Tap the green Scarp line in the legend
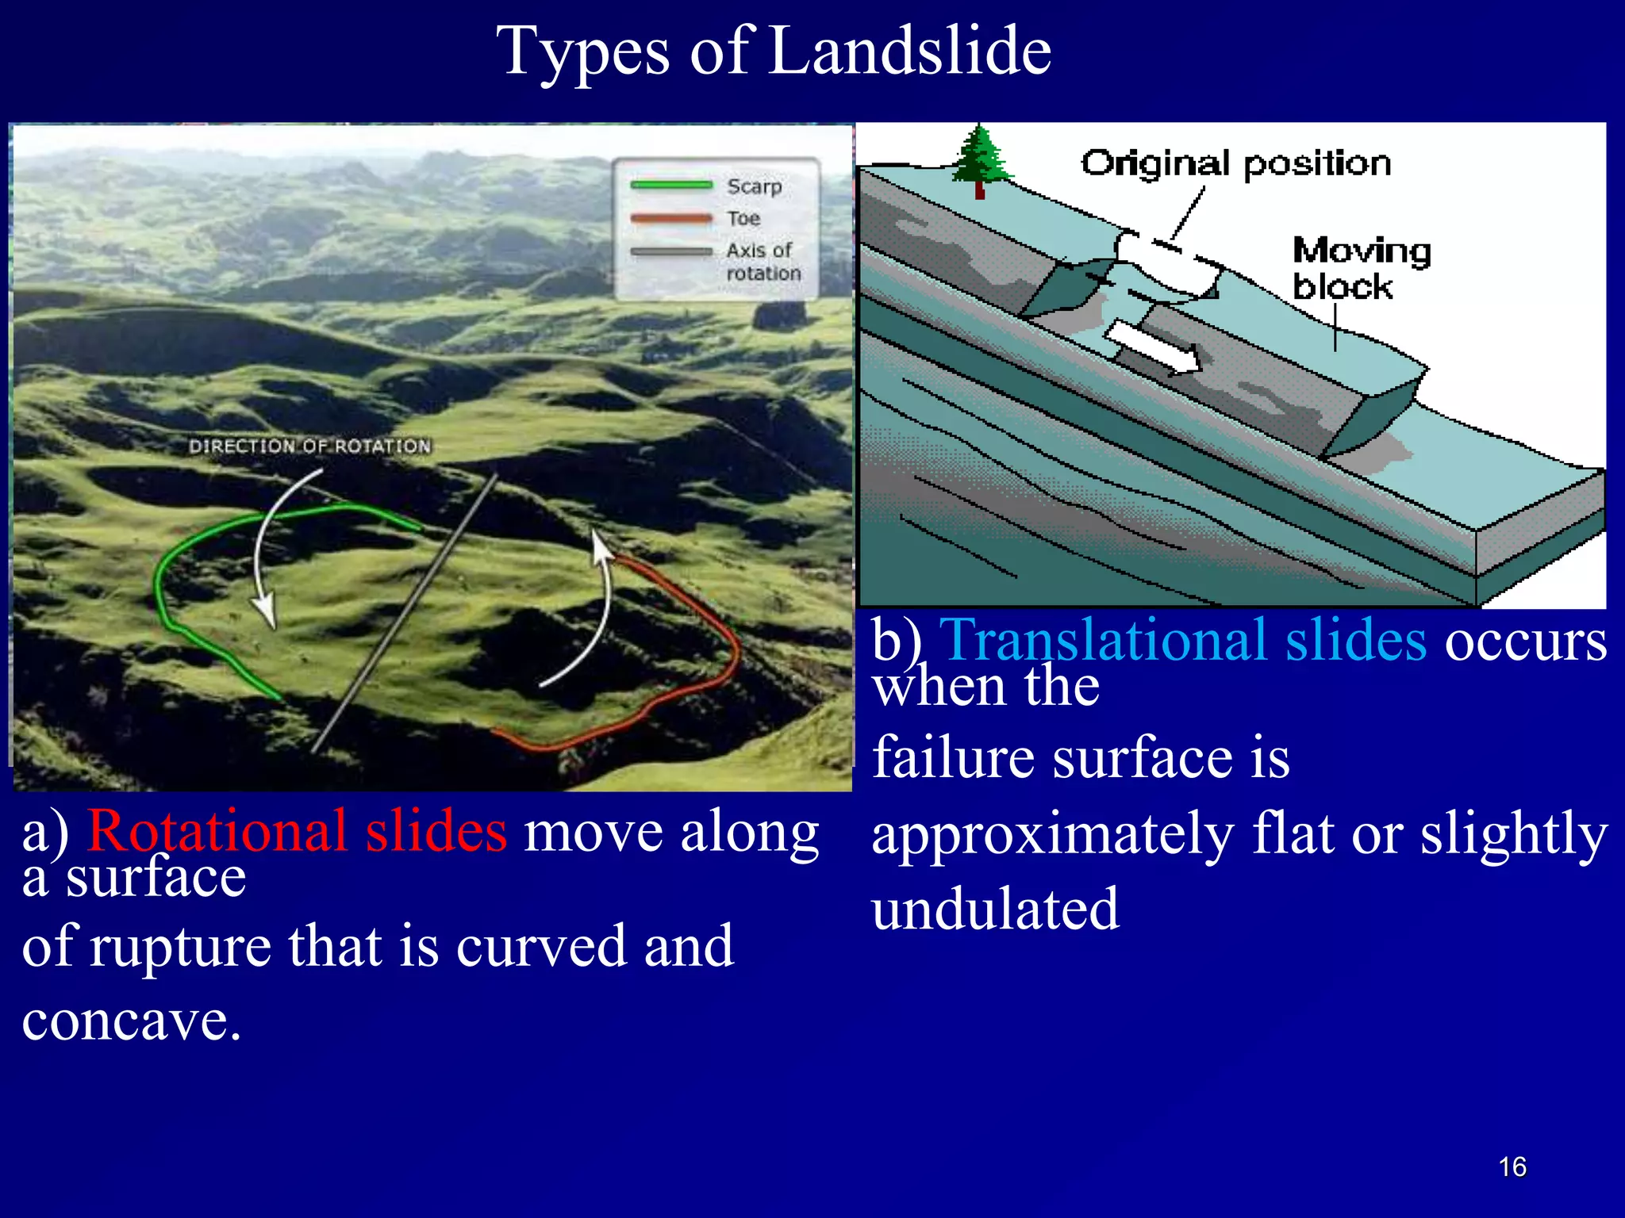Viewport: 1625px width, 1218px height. pos(671,186)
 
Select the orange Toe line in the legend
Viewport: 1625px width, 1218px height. pos(671,218)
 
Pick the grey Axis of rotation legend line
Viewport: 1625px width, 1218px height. pos(671,252)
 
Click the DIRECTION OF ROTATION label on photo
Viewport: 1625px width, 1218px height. pos(309,446)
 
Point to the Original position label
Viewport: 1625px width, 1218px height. pos(1235,163)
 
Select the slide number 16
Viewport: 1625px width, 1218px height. pos(1512,1167)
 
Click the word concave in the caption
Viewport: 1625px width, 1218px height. pos(131,1021)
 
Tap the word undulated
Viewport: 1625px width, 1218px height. pos(995,910)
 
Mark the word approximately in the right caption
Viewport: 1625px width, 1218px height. pos(1052,835)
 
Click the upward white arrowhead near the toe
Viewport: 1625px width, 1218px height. pos(601,547)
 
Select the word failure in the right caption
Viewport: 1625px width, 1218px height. pos(953,757)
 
